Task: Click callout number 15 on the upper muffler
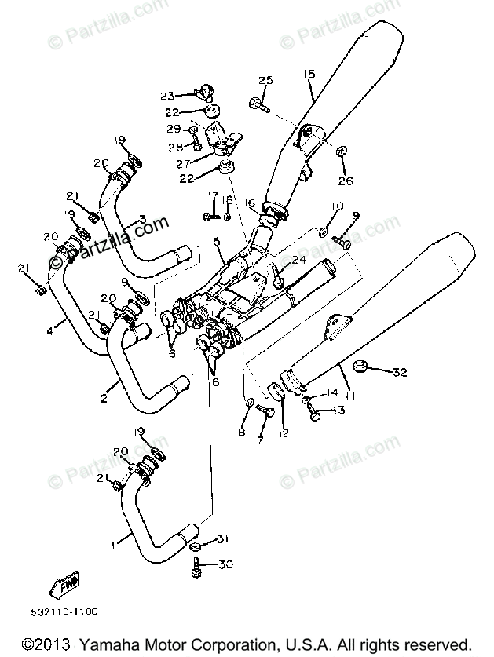[x=308, y=75]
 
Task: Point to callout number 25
[x=264, y=81]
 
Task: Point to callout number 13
[x=338, y=411]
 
